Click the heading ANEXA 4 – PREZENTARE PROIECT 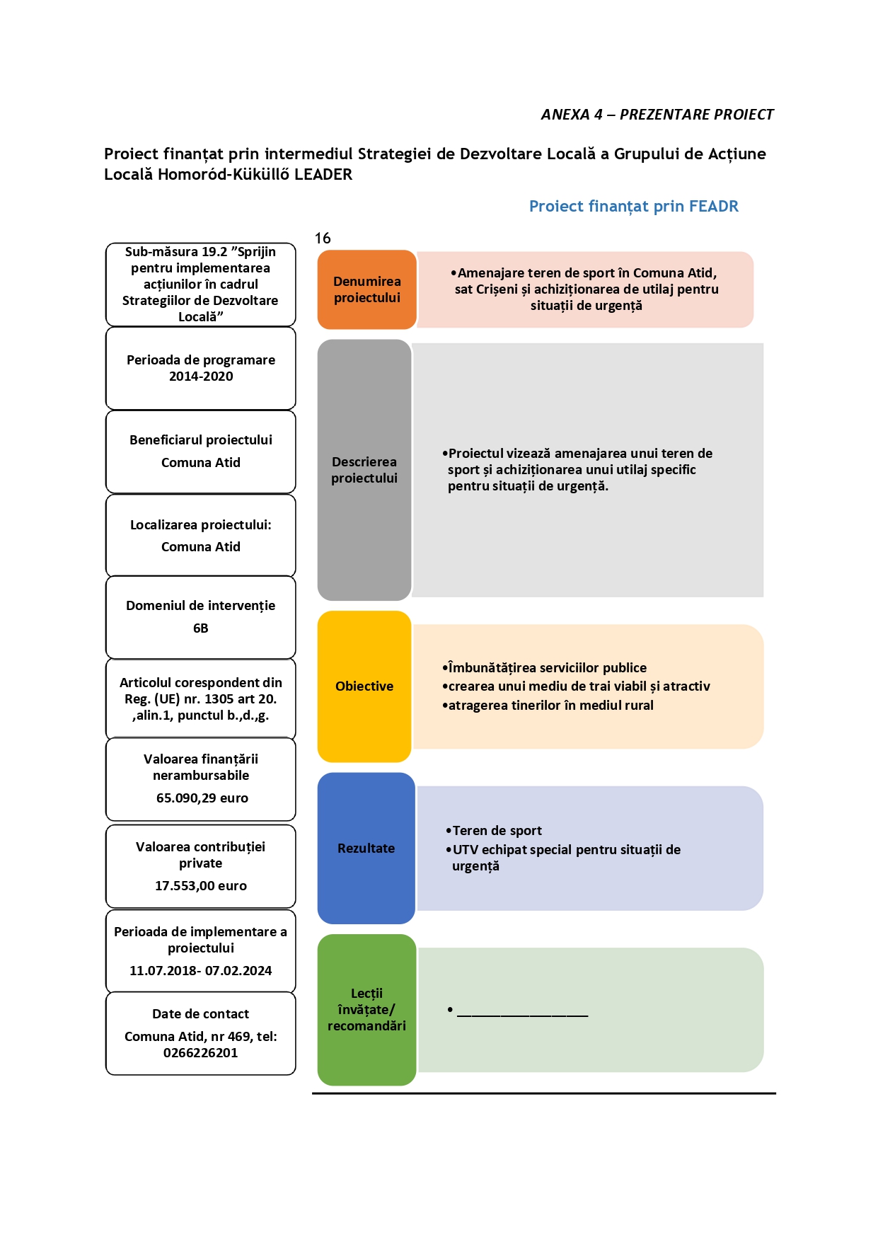click(x=657, y=115)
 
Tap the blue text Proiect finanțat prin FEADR click(x=634, y=206)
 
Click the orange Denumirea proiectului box click(x=367, y=289)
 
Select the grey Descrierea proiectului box click(x=364, y=470)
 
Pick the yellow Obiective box click(x=364, y=686)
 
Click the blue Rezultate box click(x=366, y=848)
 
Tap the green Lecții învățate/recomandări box click(x=366, y=1010)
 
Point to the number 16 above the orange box click(x=323, y=238)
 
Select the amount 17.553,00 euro click(x=201, y=886)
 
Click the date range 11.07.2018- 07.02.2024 click(x=201, y=971)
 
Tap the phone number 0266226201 click(x=201, y=1053)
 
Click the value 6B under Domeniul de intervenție click(x=201, y=628)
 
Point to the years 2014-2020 click(x=201, y=376)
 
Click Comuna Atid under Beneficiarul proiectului click(x=201, y=463)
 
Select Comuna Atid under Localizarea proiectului click(x=201, y=547)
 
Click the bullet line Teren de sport click(x=494, y=831)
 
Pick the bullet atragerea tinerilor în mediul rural click(x=548, y=706)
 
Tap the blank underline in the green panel click(x=523, y=1016)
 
